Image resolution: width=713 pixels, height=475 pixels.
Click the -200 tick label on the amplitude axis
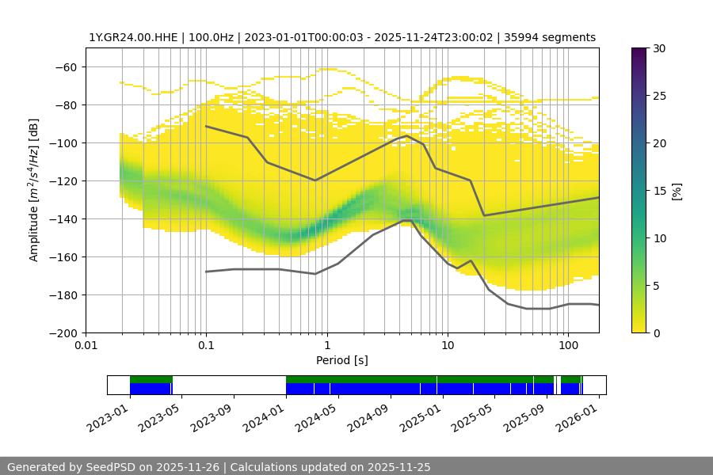(66, 333)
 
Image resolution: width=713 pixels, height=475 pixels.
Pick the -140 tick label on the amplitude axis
(66, 219)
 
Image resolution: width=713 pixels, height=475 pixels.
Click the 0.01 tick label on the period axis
(86, 345)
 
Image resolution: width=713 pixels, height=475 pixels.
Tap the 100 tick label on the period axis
(568, 345)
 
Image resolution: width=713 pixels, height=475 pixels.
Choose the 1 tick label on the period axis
(327, 345)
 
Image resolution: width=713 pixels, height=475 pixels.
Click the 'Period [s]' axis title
(341, 360)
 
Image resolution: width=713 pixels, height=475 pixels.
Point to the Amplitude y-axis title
(34, 190)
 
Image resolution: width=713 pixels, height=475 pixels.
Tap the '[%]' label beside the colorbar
(677, 191)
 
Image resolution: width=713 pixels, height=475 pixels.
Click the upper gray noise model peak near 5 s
(407, 135)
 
